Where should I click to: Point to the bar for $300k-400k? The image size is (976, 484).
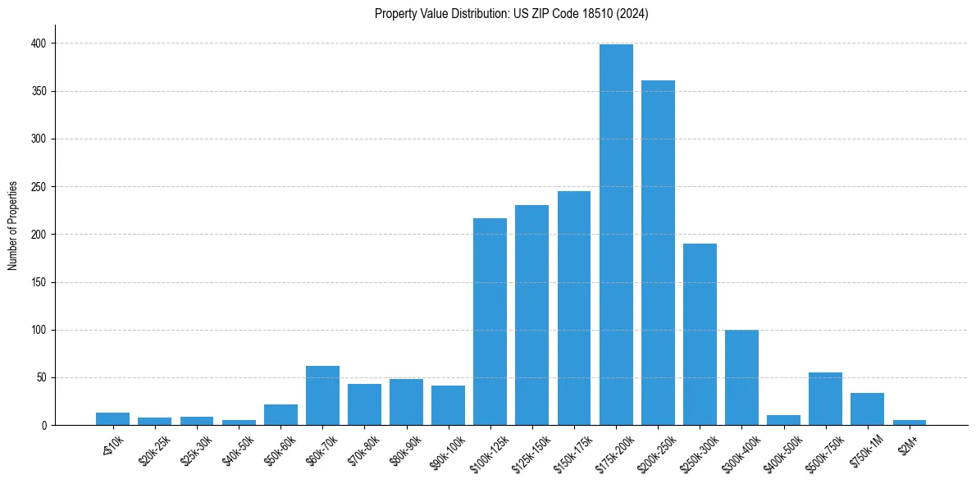pyautogui.click(x=741, y=377)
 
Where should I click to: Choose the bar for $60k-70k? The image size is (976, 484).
pyautogui.click(x=322, y=395)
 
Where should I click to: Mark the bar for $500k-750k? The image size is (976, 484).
pyautogui.click(x=825, y=399)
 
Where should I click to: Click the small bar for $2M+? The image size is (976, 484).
pyautogui.click(x=909, y=422)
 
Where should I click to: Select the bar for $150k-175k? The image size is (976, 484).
pyautogui.click(x=574, y=308)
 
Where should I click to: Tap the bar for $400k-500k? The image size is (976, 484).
pyautogui.click(x=783, y=420)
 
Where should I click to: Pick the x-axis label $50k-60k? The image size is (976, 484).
pyautogui.click(x=276, y=449)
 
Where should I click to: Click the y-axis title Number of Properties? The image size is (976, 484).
pyautogui.click(x=13, y=226)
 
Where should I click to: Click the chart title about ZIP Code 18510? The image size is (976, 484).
pyautogui.click(x=511, y=14)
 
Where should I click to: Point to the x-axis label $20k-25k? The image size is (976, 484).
pyautogui.click(x=150, y=449)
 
